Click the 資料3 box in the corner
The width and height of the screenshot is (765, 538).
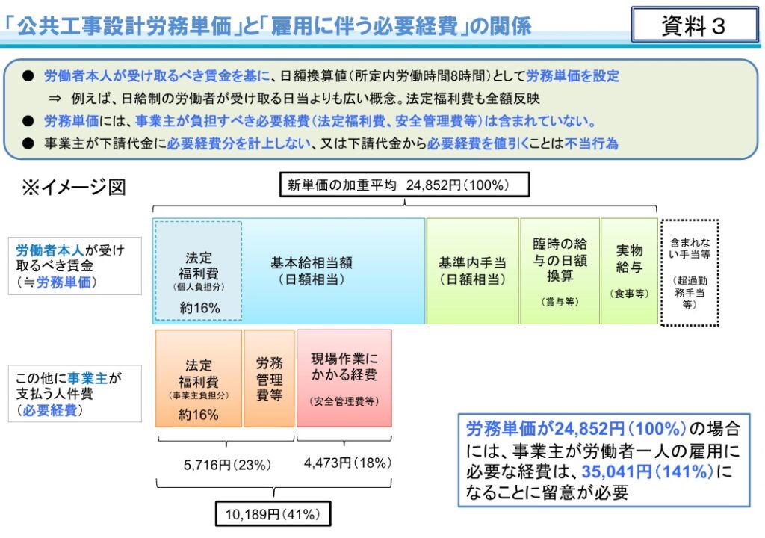tap(695, 25)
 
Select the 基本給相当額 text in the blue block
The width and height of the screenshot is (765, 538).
tap(312, 263)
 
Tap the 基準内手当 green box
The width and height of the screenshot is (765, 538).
tap(472, 271)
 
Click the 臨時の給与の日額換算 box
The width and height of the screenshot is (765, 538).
tap(560, 271)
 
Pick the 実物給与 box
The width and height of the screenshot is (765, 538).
tap(629, 271)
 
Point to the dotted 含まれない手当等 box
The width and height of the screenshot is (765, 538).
tap(690, 273)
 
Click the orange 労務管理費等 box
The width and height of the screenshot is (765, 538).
tap(269, 378)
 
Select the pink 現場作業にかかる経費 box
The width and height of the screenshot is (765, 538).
tap(344, 378)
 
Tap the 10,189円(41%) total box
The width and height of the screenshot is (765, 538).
tap(273, 513)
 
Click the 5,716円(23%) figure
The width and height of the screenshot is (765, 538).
tap(227, 465)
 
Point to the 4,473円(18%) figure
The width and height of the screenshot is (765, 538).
tap(347, 463)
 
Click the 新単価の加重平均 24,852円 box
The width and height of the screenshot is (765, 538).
tap(404, 185)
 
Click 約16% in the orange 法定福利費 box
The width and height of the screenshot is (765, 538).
tap(198, 415)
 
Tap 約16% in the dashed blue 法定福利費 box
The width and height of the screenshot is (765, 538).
tap(199, 308)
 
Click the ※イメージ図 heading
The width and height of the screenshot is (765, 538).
tap(74, 187)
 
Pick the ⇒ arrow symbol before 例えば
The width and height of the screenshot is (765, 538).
tap(55, 99)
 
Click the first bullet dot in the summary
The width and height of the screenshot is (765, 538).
tap(28, 76)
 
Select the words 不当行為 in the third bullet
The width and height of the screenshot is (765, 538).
tap(592, 143)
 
